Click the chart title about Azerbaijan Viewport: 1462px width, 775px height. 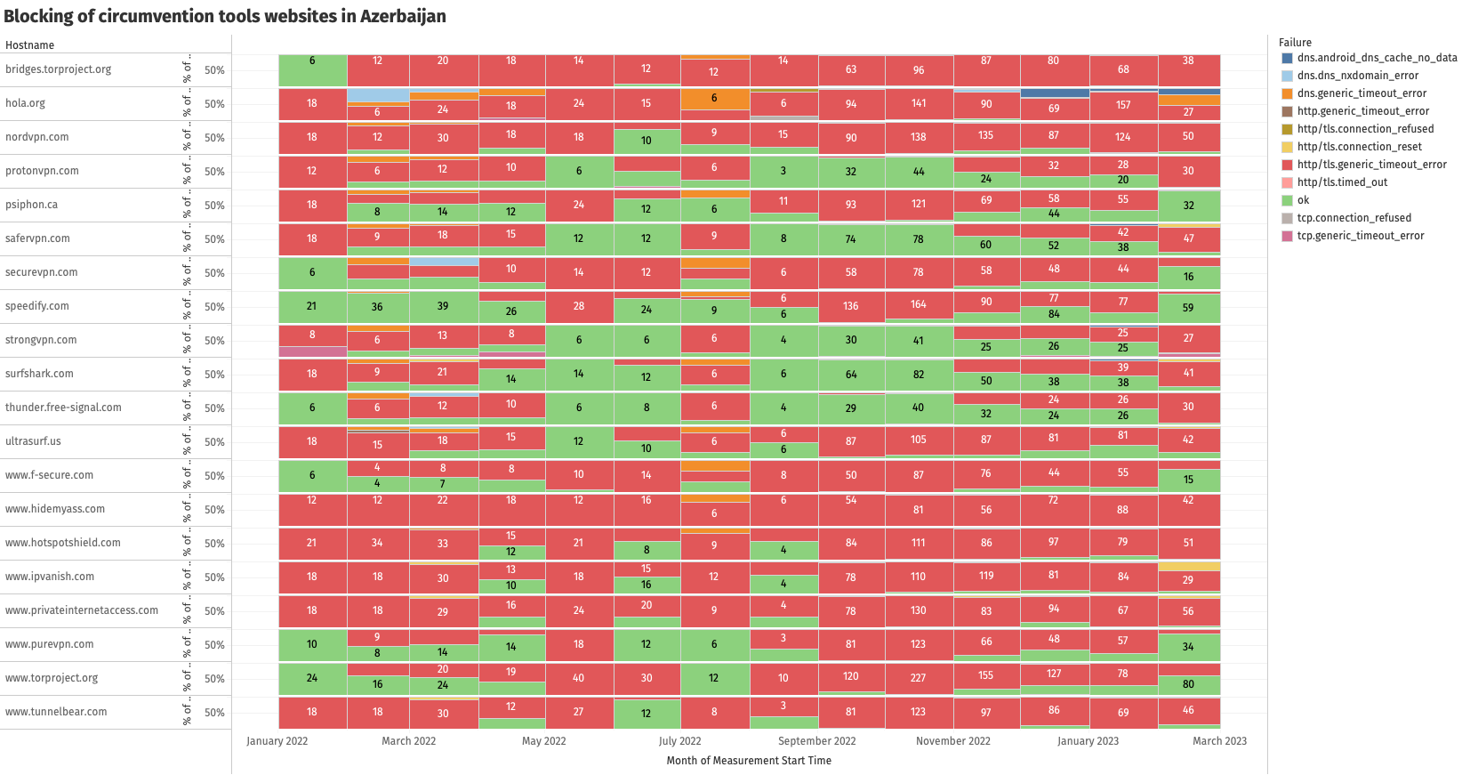pyautogui.click(x=225, y=16)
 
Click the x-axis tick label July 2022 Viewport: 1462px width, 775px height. pyautogui.click(x=679, y=741)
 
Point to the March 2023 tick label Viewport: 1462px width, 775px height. pyautogui.click(x=1219, y=741)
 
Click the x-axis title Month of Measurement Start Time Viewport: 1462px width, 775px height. pyautogui.click(x=749, y=761)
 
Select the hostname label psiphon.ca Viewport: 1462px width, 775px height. pyautogui.click(x=31, y=205)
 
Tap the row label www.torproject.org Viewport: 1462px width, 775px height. pyautogui.click(x=52, y=678)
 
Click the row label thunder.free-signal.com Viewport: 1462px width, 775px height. pyautogui.click(x=63, y=408)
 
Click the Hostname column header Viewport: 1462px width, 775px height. pyautogui.click(x=29, y=45)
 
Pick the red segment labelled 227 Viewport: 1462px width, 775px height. pyautogui.click(x=919, y=677)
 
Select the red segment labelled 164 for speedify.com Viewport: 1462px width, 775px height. pyautogui.click(x=919, y=305)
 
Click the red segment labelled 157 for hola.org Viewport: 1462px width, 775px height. pyautogui.click(x=1123, y=105)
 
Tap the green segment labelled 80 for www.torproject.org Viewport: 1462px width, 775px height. pyautogui.click(x=1188, y=685)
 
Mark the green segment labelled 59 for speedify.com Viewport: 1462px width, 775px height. pyautogui.click(x=1188, y=308)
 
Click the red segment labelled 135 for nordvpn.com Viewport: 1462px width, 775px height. pyautogui.click(x=986, y=136)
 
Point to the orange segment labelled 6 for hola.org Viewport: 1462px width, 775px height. pyautogui.click(x=714, y=99)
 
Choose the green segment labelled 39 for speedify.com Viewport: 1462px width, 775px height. pyautogui.click(x=443, y=306)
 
